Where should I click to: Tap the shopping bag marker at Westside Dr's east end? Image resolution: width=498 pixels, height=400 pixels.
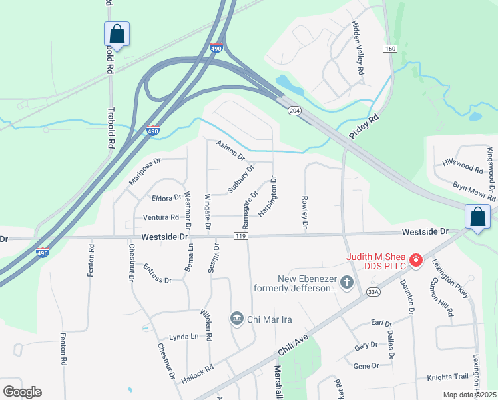point(477,217)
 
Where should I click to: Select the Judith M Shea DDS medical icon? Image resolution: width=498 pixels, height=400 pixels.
point(415,259)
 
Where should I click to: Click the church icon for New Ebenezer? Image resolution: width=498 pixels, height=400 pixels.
point(346,283)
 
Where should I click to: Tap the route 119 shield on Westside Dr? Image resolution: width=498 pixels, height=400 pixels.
point(241,237)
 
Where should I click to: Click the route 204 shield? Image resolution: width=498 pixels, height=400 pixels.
point(293,110)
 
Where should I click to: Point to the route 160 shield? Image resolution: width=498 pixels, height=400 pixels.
point(390,49)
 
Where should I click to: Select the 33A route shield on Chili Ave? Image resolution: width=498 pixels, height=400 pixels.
point(373,291)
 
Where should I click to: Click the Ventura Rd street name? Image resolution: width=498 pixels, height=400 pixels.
point(160,217)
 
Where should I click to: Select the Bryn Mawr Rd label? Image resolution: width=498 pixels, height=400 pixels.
point(474,189)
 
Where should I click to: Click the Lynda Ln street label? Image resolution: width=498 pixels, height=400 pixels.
point(183,337)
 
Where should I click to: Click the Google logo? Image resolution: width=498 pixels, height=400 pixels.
point(22,392)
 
